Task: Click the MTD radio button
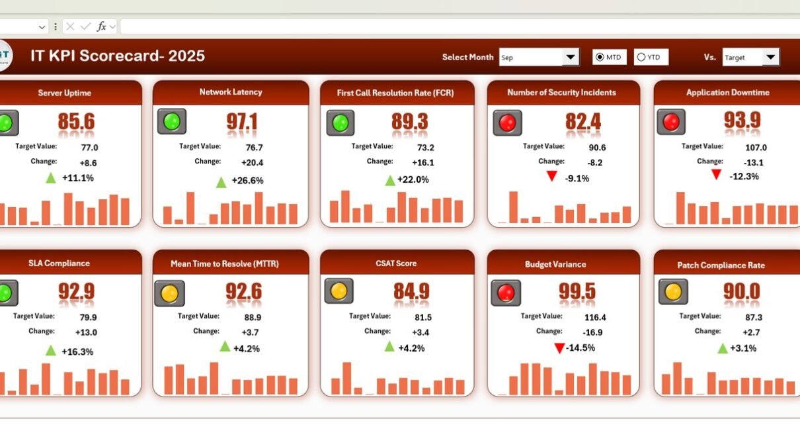(x=600, y=58)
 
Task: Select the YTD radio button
(x=641, y=58)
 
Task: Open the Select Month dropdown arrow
(x=571, y=58)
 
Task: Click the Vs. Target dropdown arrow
(x=770, y=58)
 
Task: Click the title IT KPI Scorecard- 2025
(x=118, y=56)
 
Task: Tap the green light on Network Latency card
(x=172, y=122)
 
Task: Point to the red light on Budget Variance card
(x=506, y=293)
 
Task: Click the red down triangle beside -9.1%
(x=551, y=177)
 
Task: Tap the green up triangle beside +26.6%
(x=221, y=181)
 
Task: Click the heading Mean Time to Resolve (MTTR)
(x=225, y=263)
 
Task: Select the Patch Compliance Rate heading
(x=721, y=265)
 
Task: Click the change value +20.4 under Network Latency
(x=251, y=162)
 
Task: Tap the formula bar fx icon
(x=101, y=26)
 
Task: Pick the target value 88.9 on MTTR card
(x=252, y=317)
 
